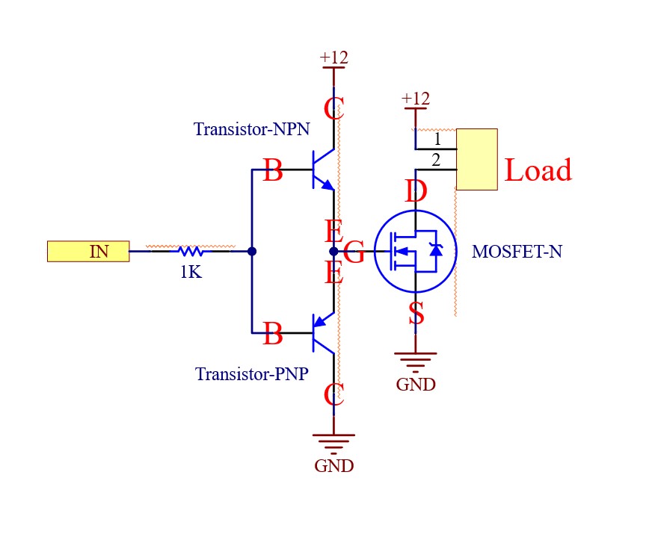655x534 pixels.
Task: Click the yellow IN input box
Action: click(x=88, y=252)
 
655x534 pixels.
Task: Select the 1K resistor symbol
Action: click(x=191, y=252)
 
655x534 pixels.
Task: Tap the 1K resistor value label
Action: click(x=191, y=272)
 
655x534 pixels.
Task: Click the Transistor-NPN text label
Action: click(x=251, y=129)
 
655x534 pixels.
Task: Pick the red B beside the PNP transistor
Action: click(x=273, y=334)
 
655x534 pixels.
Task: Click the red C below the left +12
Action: click(x=333, y=110)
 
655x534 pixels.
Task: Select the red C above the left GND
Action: click(x=333, y=394)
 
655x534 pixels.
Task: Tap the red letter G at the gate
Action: click(x=354, y=253)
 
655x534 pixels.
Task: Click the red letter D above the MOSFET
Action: click(x=416, y=192)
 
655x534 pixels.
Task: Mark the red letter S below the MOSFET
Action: click(x=416, y=314)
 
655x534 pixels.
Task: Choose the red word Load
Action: click(x=538, y=170)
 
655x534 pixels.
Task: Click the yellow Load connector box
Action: click(x=477, y=159)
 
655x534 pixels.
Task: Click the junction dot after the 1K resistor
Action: click(x=252, y=252)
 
